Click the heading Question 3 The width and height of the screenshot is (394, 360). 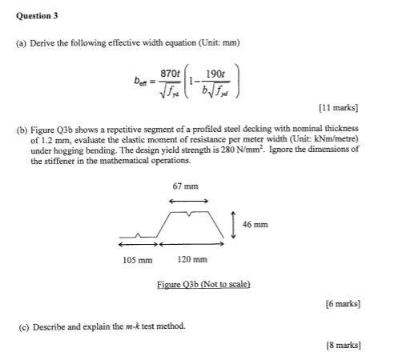tap(36, 15)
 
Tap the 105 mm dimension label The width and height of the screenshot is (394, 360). tap(138, 260)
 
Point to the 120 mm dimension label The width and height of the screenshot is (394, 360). tap(193, 260)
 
